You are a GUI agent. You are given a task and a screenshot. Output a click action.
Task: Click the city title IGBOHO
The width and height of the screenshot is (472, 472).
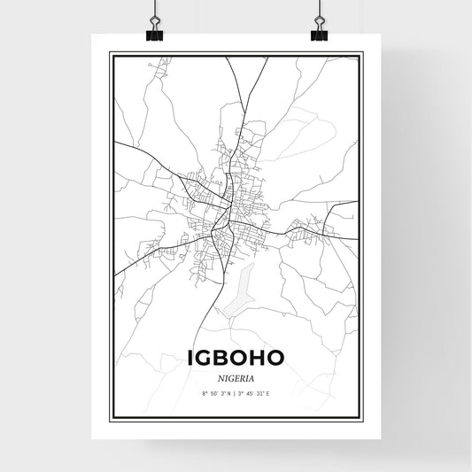[236, 356]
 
